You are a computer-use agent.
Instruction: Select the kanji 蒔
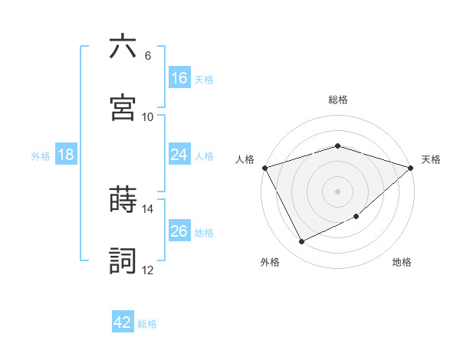click(x=123, y=200)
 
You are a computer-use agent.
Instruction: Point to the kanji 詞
click(x=123, y=260)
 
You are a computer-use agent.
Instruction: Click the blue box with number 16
click(x=179, y=77)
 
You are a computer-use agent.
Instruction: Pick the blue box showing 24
click(x=179, y=155)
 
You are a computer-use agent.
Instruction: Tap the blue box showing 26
click(x=179, y=231)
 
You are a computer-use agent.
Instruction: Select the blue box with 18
click(x=66, y=155)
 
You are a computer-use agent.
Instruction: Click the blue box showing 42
click(x=123, y=322)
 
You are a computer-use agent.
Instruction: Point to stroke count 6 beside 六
click(x=147, y=56)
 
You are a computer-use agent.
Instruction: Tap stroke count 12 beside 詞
click(x=147, y=270)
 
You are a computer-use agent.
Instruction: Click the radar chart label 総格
click(x=337, y=100)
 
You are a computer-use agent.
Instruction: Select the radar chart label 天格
click(x=431, y=159)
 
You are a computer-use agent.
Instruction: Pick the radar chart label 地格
click(x=402, y=262)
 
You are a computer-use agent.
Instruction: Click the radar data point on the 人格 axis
click(x=264, y=167)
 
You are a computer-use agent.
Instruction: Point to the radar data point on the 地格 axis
click(x=356, y=218)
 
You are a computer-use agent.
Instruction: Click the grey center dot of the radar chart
click(x=337, y=191)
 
